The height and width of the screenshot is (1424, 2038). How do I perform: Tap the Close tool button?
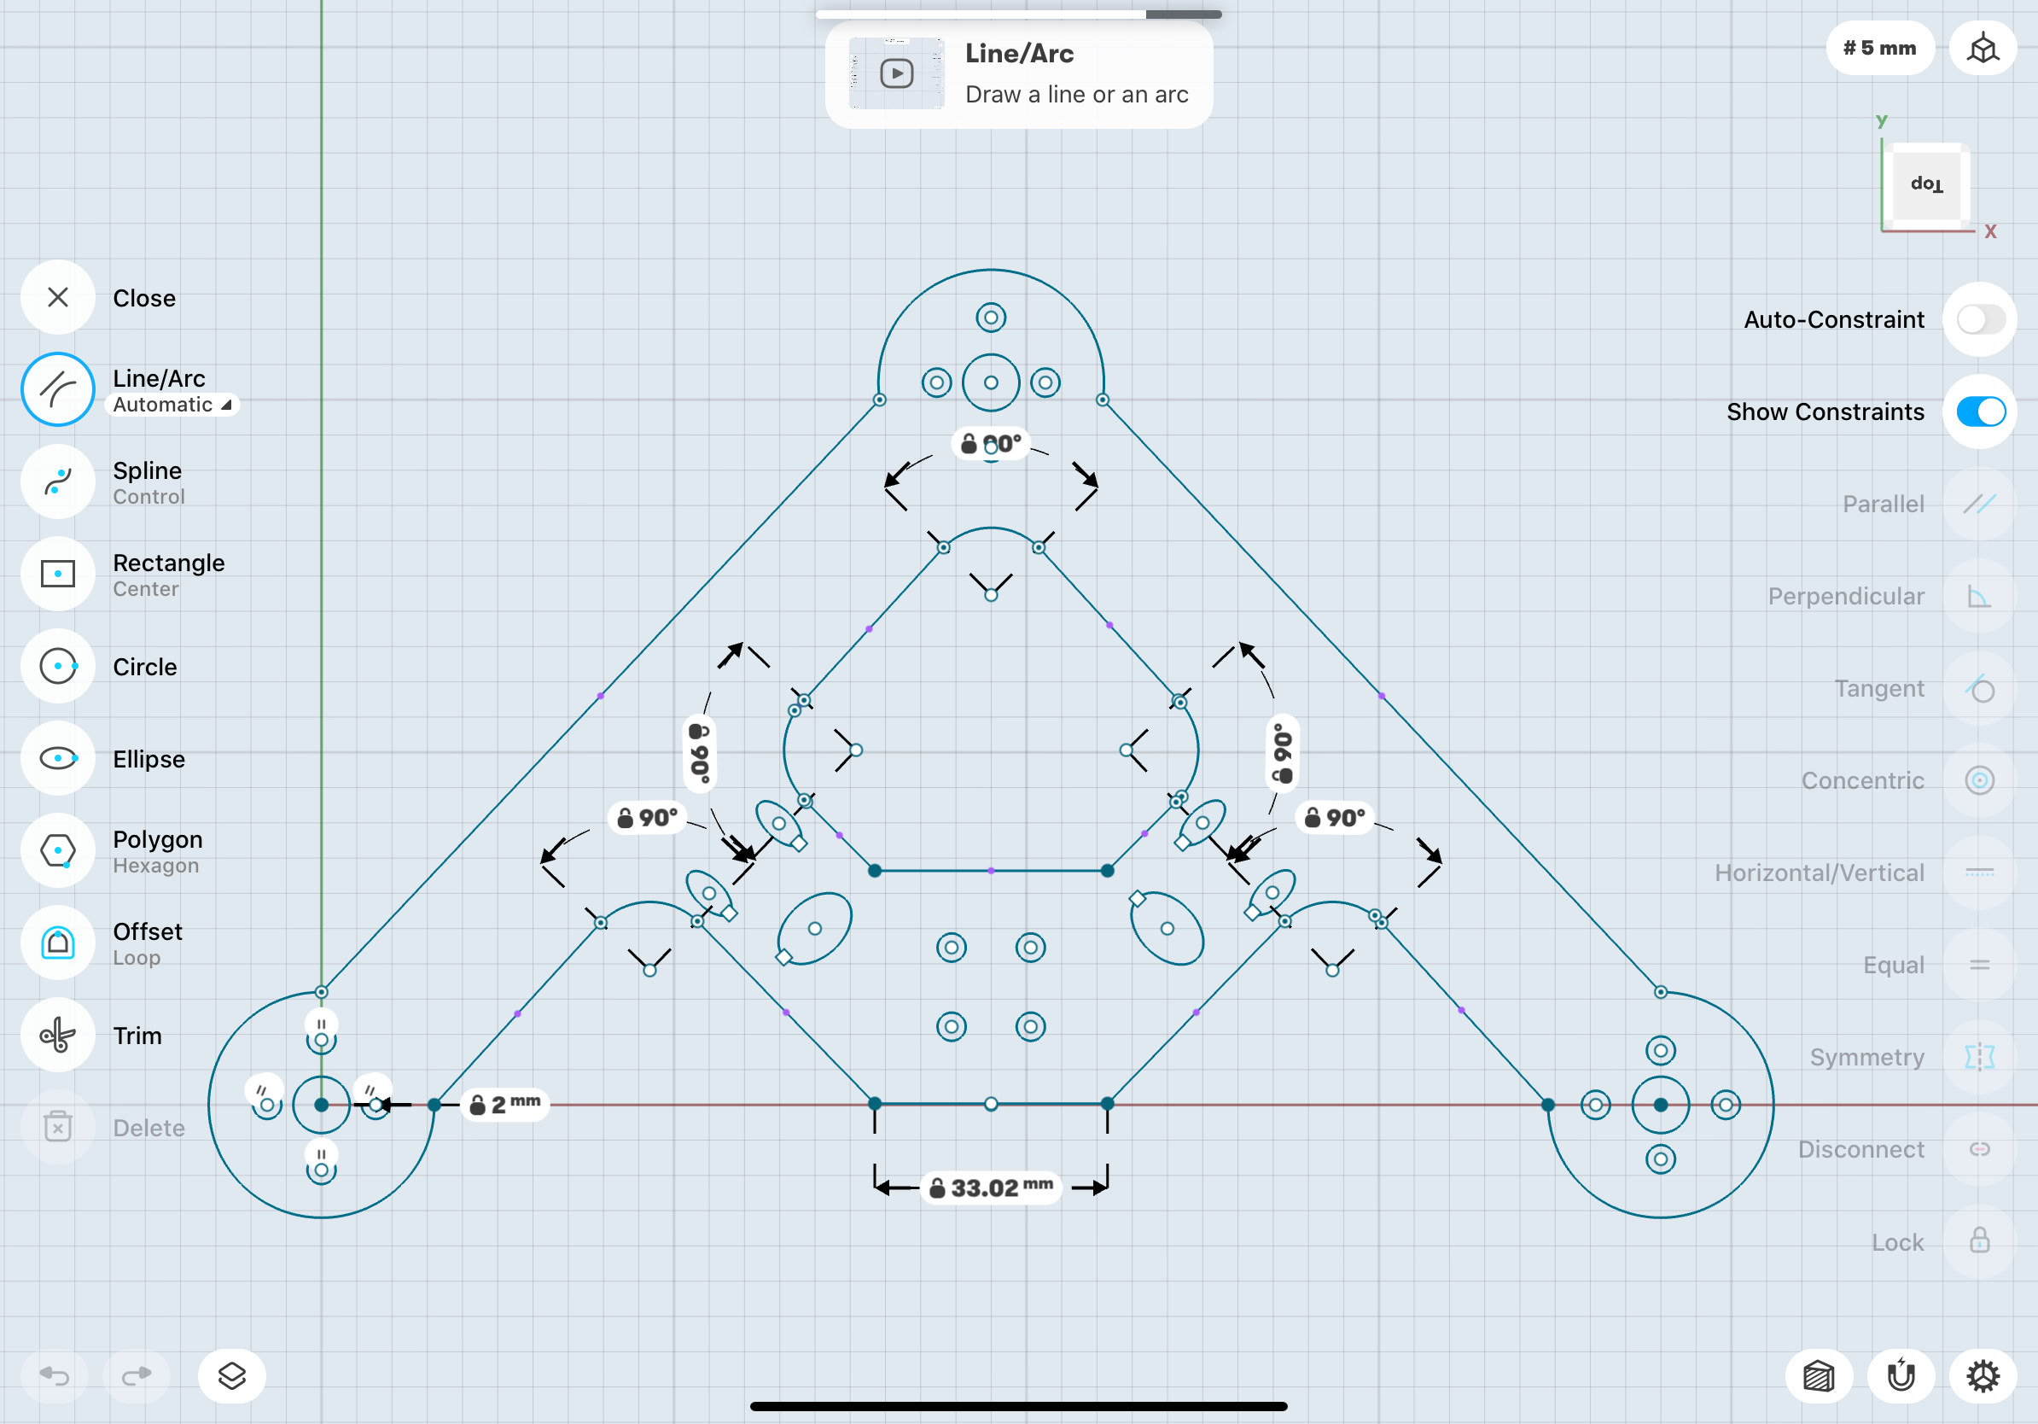point(58,297)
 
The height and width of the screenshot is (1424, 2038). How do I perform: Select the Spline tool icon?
point(58,482)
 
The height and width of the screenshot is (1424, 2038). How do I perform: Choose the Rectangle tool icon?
point(58,575)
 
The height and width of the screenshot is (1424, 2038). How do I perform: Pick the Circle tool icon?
point(58,667)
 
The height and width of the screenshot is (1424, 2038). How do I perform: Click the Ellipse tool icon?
point(58,759)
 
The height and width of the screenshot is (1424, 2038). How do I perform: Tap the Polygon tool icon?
point(58,851)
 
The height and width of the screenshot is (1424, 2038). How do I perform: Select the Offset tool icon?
point(58,943)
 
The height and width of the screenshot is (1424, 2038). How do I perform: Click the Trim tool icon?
point(58,1036)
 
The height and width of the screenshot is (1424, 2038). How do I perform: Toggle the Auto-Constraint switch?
point(1979,319)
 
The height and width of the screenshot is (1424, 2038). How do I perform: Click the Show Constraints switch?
point(1979,412)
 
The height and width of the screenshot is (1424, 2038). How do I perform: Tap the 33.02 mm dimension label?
point(993,1188)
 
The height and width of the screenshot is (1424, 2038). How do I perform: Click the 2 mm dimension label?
point(505,1105)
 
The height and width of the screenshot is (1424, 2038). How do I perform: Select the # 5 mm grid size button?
point(1879,48)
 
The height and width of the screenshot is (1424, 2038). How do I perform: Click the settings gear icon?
point(1982,1376)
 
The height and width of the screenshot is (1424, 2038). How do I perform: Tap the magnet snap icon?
point(1901,1376)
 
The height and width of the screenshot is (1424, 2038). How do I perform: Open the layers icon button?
point(231,1376)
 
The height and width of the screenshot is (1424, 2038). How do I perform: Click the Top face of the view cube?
point(1926,184)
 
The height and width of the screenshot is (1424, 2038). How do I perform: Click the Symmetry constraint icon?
point(1979,1058)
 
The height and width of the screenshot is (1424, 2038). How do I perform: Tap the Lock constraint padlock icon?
point(1979,1241)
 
